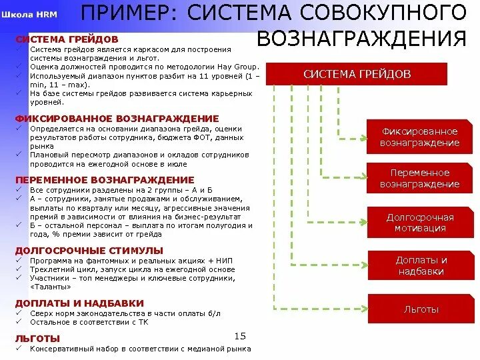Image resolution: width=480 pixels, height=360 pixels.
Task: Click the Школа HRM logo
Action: (x=29, y=13)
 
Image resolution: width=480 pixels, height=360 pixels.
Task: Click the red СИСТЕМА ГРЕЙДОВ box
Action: (x=357, y=74)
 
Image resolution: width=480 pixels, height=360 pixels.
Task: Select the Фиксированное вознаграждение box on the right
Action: (x=419, y=137)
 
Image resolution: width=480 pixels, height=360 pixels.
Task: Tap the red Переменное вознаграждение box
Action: (x=419, y=179)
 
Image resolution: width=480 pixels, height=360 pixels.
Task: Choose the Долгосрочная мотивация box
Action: (x=419, y=223)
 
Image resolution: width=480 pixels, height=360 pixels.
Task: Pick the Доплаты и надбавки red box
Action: (x=421, y=265)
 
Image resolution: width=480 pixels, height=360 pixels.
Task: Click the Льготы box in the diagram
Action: (x=421, y=309)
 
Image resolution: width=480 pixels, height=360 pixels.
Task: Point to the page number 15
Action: (x=241, y=335)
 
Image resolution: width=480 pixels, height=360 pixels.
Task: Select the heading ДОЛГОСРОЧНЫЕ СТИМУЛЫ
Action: (x=89, y=250)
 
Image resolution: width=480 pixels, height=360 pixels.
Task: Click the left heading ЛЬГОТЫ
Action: (x=37, y=339)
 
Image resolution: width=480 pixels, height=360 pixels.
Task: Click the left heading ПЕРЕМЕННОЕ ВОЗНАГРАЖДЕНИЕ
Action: (x=105, y=180)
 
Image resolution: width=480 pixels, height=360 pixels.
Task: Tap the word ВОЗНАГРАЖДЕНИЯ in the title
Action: (x=361, y=38)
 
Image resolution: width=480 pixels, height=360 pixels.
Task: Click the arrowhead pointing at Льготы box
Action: (x=363, y=309)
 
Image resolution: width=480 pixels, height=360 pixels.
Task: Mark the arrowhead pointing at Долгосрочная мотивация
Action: (x=363, y=222)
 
